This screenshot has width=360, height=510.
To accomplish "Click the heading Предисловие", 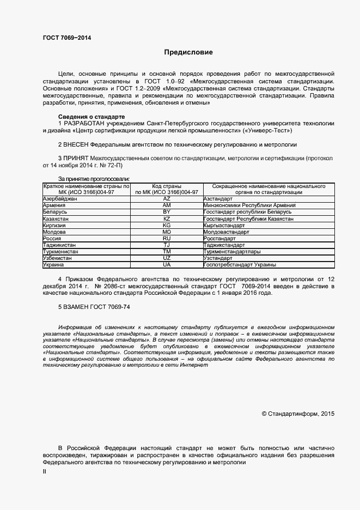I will point(189,52).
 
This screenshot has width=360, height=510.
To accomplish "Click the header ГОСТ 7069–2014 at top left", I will point(67,38).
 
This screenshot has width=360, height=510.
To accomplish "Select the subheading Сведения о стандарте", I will point(91,117).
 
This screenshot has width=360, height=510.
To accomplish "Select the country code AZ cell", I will point(167,199).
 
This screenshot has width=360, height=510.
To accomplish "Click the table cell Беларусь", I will point(56,211).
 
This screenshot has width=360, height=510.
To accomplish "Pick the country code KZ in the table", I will point(167,218).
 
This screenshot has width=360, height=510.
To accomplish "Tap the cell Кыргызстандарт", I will point(224,225).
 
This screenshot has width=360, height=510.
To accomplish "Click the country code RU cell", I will point(167,238).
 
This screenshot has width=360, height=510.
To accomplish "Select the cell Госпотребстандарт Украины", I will point(240,265).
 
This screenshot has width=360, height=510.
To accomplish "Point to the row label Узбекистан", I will point(59,258).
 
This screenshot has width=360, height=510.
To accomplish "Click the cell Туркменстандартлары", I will point(231,252).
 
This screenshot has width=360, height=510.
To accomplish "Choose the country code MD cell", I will point(167,232).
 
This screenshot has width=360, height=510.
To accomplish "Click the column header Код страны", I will point(167,186).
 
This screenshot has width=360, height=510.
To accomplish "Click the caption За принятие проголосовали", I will point(94,179).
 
